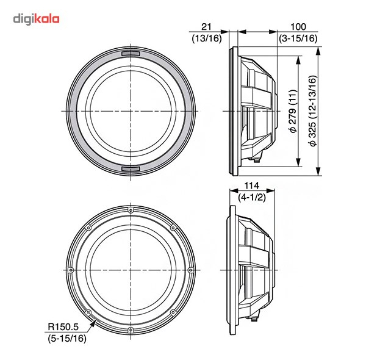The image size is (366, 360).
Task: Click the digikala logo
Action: point(36,19)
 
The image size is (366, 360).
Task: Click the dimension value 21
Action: point(206,27)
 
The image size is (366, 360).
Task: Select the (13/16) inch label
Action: point(207,38)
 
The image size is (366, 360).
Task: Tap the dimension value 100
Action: point(298,27)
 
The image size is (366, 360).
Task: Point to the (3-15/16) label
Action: point(298,38)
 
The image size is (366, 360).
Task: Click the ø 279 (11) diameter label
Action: point(293,111)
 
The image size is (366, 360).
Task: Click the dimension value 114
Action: point(252,186)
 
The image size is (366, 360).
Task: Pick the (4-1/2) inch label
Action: point(252,198)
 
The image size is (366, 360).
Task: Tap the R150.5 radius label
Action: point(63,326)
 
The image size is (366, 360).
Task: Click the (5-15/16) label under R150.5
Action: point(67,338)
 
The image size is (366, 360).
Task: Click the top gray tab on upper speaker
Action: point(131,54)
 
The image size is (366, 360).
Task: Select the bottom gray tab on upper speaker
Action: point(131,169)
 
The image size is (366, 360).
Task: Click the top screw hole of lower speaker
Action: point(131,211)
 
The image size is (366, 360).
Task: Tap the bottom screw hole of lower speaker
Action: point(131,330)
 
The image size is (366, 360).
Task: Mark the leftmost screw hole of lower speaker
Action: point(71,270)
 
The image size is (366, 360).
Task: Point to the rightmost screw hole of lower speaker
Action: point(190,270)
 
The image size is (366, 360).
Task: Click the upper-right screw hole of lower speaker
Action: point(173,228)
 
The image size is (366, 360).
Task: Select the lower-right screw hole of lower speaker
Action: point(173,312)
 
